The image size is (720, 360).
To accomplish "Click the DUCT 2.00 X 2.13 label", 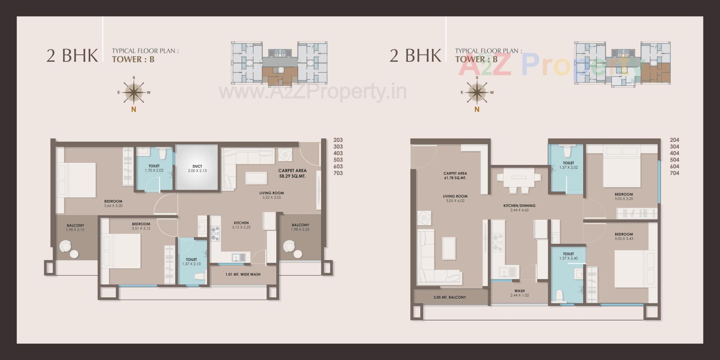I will (x=197, y=168).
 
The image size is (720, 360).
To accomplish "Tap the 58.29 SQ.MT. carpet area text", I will (x=292, y=176).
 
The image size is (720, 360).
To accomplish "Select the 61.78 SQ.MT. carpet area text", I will (x=455, y=178).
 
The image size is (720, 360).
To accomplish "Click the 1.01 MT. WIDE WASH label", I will (x=243, y=274).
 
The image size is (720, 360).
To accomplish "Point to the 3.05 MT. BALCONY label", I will (x=450, y=297).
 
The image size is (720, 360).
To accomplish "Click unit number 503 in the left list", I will (x=338, y=160).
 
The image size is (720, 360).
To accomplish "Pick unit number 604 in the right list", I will (x=674, y=166).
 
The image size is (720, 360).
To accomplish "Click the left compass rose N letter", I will (x=133, y=110).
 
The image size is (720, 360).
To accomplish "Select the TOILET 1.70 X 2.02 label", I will (x=154, y=168).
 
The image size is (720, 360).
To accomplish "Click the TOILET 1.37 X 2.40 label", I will (x=568, y=256).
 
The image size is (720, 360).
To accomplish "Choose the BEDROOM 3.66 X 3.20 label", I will (x=113, y=203).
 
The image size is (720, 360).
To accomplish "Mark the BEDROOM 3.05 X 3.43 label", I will (x=624, y=236).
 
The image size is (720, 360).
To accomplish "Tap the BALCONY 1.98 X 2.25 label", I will (x=300, y=227).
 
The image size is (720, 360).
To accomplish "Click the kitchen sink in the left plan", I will (x=238, y=258).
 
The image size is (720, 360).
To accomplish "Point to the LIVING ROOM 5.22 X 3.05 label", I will (x=271, y=195).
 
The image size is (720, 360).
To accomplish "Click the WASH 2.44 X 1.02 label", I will (x=519, y=293).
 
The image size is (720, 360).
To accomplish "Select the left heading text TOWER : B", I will (x=133, y=59).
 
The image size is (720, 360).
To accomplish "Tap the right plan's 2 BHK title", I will (x=415, y=55).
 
